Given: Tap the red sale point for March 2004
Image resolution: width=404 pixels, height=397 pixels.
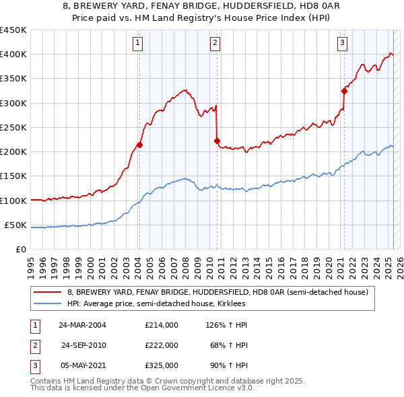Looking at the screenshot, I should point(139,145).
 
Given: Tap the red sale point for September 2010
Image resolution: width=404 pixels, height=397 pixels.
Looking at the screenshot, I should point(217,141).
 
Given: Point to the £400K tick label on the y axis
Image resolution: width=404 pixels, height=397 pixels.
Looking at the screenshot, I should point(13,55).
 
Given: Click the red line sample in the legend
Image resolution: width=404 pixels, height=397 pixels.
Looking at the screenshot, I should point(48,293).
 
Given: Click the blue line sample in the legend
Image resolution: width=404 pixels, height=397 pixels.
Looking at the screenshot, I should point(48,303).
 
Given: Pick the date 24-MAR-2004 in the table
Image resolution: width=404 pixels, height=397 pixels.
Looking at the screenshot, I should point(82,325).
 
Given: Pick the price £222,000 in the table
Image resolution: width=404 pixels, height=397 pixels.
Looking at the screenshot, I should point(161,345).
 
